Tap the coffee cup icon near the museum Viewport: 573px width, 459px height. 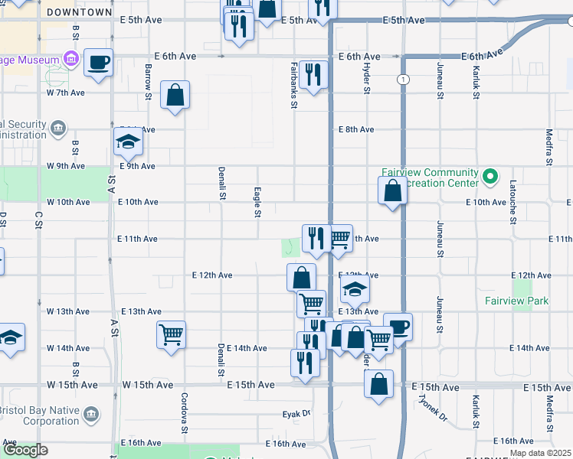pos(99,62)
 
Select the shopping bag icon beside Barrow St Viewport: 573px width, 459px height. pos(175,96)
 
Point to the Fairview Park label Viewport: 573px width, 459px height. pos(516,301)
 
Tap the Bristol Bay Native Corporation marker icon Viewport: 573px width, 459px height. pos(91,415)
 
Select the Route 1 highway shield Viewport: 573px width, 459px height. pos(402,80)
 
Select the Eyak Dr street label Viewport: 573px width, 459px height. pos(296,414)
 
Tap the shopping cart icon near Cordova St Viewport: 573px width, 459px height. pos(171,334)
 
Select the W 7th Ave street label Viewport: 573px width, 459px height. pos(65,93)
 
